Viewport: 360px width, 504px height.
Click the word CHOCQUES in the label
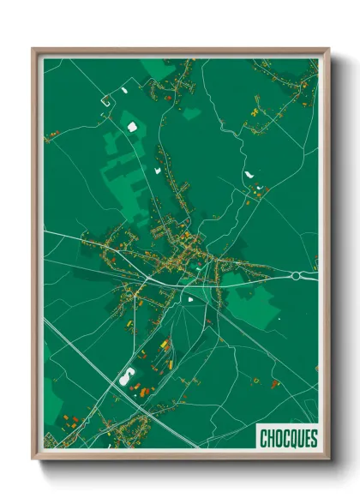pyautogui.click(x=288, y=438)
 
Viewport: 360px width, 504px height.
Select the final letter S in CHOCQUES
pyautogui.click(x=313, y=438)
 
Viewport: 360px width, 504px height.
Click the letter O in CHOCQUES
pyautogui.click(x=277, y=438)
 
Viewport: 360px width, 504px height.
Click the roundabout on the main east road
pyautogui.click(x=297, y=276)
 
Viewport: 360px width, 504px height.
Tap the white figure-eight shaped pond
pyautogui.click(x=129, y=375)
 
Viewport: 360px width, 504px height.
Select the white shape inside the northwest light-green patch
pyautogui.click(x=132, y=127)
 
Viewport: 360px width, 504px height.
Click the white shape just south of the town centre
pyautogui.click(x=189, y=300)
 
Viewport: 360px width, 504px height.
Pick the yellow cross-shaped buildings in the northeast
pyautogui.click(x=255, y=110)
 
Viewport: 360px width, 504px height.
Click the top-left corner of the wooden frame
pyautogui.click(x=33, y=49)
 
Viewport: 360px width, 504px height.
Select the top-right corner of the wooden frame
pyautogui.click(x=328, y=49)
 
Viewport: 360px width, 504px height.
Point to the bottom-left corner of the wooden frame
pyautogui.click(x=33, y=458)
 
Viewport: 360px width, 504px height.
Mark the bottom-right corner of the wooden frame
pyautogui.click(x=328, y=458)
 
